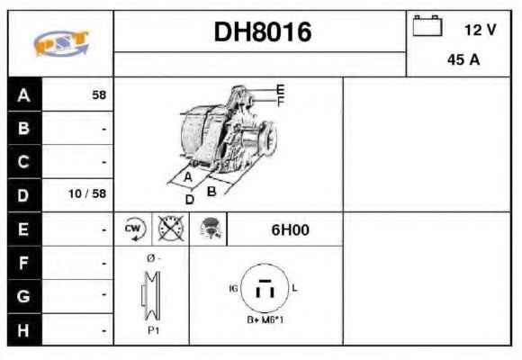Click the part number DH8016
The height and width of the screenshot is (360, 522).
[262, 32]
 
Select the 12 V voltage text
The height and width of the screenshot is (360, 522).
[480, 30]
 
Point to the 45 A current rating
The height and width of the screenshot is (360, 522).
[463, 61]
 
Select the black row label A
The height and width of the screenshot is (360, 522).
[24, 94]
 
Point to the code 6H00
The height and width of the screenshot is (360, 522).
[290, 229]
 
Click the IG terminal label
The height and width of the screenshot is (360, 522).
[234, 288]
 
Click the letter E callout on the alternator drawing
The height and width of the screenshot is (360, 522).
[280, 89]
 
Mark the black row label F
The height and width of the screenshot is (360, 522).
[24, 263]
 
